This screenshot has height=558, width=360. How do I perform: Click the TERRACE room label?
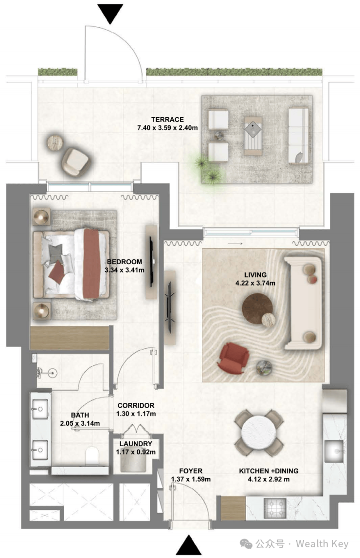tap(167, 120)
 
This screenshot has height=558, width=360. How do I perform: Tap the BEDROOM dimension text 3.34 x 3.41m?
tap(125, 270)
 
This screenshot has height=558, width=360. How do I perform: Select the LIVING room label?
tap(255, 275)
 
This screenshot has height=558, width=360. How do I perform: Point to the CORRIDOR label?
tap(136, 405)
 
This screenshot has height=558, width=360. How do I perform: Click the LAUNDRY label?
tap(136, 444)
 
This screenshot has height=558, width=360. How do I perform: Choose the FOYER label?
tap(191, 471)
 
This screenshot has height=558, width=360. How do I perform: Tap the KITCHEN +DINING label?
tap(269, 471)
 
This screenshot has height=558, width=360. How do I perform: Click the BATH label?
tap(80, 415)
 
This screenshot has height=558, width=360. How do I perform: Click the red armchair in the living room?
tap(234, 358)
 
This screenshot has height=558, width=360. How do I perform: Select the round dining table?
tap(259, 433)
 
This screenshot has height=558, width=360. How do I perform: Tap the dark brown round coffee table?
tap(257, 308)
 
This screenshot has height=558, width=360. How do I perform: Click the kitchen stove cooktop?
tap(275, 508)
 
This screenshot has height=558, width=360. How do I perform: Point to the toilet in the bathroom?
tap(92, 456)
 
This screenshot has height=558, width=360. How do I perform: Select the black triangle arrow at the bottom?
tap(189, 545)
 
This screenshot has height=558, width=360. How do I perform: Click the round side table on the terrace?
tap(55, 143)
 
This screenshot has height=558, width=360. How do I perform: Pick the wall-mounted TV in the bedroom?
tap(152, 261)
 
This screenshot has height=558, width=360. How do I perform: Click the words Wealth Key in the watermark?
tap(322, 544)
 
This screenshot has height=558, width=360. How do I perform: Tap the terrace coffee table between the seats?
tap(253, 136)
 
